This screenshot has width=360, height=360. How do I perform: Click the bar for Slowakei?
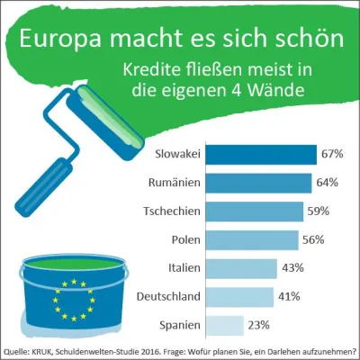point(263,154)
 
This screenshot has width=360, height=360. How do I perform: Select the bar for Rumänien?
point(260,183)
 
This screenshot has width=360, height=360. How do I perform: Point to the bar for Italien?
point(243,268)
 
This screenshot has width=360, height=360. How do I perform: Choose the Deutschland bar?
point(241,296)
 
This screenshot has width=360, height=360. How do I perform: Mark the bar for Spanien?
point(227,325)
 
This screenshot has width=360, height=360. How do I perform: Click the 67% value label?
point(333,154)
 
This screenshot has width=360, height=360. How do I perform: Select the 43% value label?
point(292,268)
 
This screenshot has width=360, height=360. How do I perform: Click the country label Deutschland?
point(166,296)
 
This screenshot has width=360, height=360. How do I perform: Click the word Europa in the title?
point(61,40)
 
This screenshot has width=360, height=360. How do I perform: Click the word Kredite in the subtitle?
point(154,70)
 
